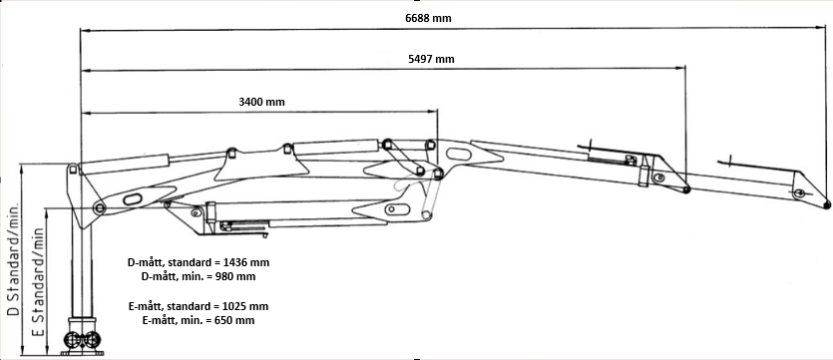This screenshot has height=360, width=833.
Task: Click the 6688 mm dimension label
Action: (x=428, y=18)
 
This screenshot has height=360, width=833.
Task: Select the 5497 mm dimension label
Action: (x=431, y=59)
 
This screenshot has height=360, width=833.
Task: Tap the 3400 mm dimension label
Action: (x=261, y=102)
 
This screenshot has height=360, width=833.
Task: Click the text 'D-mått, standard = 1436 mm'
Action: (x=199, y=262)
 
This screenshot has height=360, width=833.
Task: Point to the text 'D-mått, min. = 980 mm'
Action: (x=199, y=276)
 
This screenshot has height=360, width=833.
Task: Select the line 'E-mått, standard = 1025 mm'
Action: (x=199, y=306)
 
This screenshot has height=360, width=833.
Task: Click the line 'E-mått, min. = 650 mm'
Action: (x=199, y=321)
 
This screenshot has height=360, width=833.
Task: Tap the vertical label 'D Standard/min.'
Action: (x=13, y=259)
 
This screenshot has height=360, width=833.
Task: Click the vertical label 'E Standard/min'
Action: (x=37, y=282)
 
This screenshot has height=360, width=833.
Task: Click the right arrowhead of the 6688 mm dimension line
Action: (x=821, y=28)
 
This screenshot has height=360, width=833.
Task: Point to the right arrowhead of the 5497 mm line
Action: (x=679, y=68)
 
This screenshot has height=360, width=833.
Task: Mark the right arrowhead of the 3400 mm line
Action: (x=431, y=111)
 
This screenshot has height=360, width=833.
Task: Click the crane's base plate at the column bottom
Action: (x=83, y=353)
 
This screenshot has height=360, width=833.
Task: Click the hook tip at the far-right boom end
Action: (x=827, y=205)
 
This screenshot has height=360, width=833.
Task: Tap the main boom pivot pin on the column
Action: (x=99, y=207)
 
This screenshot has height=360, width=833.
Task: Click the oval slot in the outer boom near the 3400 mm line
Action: (x=459, y=154)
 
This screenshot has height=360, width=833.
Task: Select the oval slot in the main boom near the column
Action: (x=133, y=199)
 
